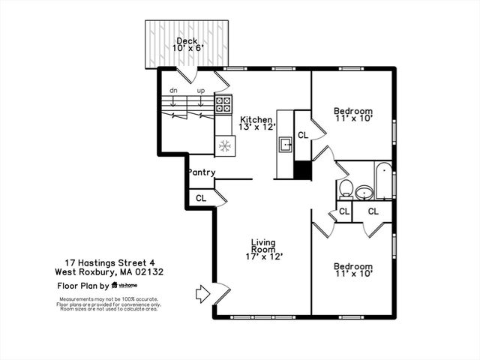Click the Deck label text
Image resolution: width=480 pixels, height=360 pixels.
tap(187, 40)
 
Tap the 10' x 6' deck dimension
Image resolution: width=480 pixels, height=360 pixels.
tap(187, 49)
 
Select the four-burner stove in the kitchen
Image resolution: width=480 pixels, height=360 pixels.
tap(224, 103)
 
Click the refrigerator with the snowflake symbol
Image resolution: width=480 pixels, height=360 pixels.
tap(224, 145)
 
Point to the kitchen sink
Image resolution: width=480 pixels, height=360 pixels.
tap(286, 144)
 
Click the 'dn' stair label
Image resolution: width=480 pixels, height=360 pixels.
tap(173, 91)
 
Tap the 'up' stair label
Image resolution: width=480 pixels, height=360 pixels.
tap(200, 91)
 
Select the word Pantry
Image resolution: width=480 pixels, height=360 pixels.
tap(202, 172)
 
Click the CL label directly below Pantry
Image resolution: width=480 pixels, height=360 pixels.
tap(201, 198)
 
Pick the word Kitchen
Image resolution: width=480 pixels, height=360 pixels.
tap(256, 119)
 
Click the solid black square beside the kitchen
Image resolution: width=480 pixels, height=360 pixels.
tap(302, 170)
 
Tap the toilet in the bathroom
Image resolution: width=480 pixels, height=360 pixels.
tap(346, 187)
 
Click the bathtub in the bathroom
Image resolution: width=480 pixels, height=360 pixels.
tap(383, 180)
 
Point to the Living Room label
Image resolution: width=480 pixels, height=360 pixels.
tap(263, 245)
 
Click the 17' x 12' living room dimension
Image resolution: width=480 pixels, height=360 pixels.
tap(263, 256)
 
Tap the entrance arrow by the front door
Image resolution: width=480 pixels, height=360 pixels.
tap(202, 293)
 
